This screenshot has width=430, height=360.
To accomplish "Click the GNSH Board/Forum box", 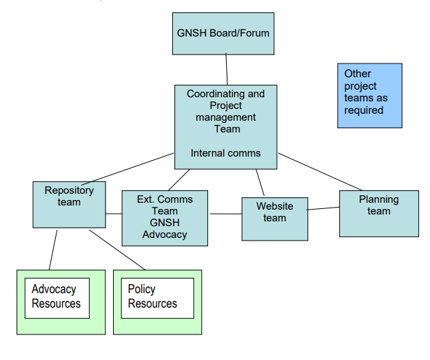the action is tap(223, 34).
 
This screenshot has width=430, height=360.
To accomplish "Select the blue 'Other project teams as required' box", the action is tap(369, 96).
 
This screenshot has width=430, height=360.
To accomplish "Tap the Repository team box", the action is tap(69, 205).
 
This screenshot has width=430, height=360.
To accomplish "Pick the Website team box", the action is tap(275, 219).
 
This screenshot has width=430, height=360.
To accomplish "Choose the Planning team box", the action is tap(379, 214).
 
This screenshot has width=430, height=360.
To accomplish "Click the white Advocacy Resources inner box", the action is tap(57, 298).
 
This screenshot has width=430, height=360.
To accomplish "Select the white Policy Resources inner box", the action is tap(158, 298).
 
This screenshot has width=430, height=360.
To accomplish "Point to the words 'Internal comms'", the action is tap(226, 153).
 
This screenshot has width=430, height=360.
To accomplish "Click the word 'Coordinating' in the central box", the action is tap(214, 94).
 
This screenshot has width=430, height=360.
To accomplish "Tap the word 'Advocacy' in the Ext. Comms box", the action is tap(165, 234).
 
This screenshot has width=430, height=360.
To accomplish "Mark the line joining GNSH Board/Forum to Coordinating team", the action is tap(227, 70).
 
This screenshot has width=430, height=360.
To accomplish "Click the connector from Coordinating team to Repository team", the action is tap(127, 169).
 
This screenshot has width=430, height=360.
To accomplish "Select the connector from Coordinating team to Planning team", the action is tap(320, 172).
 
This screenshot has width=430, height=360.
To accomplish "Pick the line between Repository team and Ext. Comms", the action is tap(114, 214).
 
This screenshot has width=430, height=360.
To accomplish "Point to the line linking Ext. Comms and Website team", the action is tap(226, 214).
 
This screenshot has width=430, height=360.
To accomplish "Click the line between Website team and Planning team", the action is tap(323, 208).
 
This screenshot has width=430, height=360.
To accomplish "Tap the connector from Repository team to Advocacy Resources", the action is tap(53, 250).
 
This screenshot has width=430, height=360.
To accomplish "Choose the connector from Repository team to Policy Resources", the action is tap(117, 250).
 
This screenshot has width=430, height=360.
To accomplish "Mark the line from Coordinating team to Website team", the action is tap(260, 183).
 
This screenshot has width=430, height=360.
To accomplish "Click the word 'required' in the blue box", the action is tap(364, 110).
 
